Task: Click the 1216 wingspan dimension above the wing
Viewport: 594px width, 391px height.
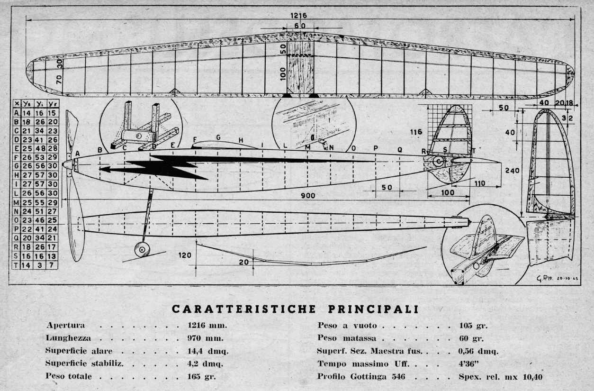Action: point(298,16)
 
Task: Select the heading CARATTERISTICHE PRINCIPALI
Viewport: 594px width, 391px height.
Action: point(295,309)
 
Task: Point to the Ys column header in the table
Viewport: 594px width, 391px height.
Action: point(27,104)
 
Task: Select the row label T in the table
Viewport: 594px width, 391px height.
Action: point(16,265)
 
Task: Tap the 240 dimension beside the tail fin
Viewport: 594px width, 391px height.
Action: point(513,171)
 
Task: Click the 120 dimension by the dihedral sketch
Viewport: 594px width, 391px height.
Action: point(185,255)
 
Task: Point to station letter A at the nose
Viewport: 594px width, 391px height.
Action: point(77,153)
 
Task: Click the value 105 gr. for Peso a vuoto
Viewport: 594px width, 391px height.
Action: point(473,326)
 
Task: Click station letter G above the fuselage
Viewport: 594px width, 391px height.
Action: point(218,137)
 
